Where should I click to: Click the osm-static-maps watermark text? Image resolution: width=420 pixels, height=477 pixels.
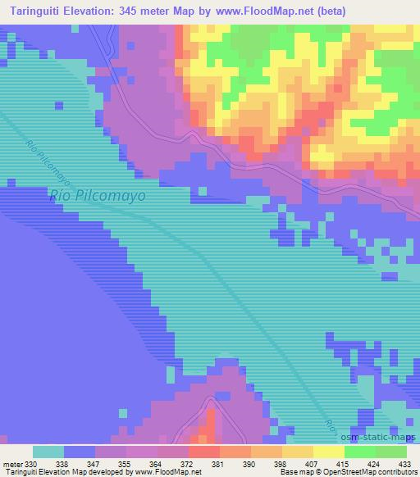(x=380, y=434)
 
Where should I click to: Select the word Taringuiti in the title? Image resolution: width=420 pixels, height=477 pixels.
(x=37, y=11)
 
